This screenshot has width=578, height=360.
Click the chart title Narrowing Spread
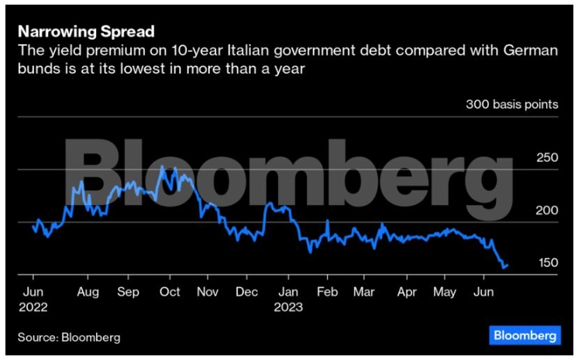(x=86, y=33)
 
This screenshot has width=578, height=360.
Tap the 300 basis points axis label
(x=511, y=104)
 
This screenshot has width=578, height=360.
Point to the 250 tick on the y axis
(x=547, y=158)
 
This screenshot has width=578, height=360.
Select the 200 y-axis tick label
(x=547, y=211)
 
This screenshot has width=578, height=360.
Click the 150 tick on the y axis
(x=547, y=263)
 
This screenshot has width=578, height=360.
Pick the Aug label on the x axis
(x=88, y=292)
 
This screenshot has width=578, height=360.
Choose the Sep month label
(x=128, y=292)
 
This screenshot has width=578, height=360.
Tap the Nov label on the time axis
(x=208, y=292)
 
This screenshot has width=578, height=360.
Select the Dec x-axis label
(x=246, y=292)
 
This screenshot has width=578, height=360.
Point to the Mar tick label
(x=363, y=292)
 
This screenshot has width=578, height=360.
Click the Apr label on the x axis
(x=405, y=292)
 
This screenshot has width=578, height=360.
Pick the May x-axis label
(x=444, y=292)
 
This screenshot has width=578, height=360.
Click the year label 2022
(x=34, y=307)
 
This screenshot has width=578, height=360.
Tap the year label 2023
(x=287, y=307)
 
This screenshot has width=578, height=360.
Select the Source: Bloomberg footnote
(x=70, y=337)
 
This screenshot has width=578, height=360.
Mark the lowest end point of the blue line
(x=505, y=268)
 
